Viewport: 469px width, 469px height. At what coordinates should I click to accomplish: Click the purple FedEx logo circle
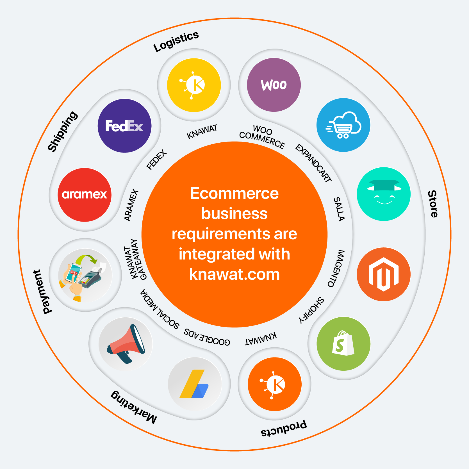(x=124, y=126)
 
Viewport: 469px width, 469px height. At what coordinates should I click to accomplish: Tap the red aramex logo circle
(x=85, y=195)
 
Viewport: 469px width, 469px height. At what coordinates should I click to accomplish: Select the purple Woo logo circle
(x=274, y=85)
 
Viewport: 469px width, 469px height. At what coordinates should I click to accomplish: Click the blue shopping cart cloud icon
(x=343, y=125)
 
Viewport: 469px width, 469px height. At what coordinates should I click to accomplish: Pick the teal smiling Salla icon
(x=384, y=194)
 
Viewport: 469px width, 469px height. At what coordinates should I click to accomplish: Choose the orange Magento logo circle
(x=384, y=274)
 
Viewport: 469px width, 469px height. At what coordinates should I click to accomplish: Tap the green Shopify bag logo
(x=343, y=344)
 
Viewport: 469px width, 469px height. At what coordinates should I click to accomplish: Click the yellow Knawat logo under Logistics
(x=194, y=85)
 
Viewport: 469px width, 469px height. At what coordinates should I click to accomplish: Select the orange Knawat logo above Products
(x=274, y=384)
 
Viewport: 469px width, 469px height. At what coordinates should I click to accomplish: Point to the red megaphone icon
(x=126, y=344)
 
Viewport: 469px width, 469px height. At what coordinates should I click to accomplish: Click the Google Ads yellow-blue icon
(x=195, y=384)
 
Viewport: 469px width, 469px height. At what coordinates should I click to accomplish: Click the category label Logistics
(x=176, y=42)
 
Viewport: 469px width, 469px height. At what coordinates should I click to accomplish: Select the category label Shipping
(x=62, y=131)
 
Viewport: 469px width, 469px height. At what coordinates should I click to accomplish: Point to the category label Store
(x=433, y=204)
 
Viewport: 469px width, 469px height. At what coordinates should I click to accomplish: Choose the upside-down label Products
(x=284, y=428)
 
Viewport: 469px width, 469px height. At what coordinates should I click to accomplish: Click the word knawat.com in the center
(x=234, y=274)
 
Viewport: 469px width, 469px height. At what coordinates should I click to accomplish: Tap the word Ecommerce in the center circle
(x=234, y=193)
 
